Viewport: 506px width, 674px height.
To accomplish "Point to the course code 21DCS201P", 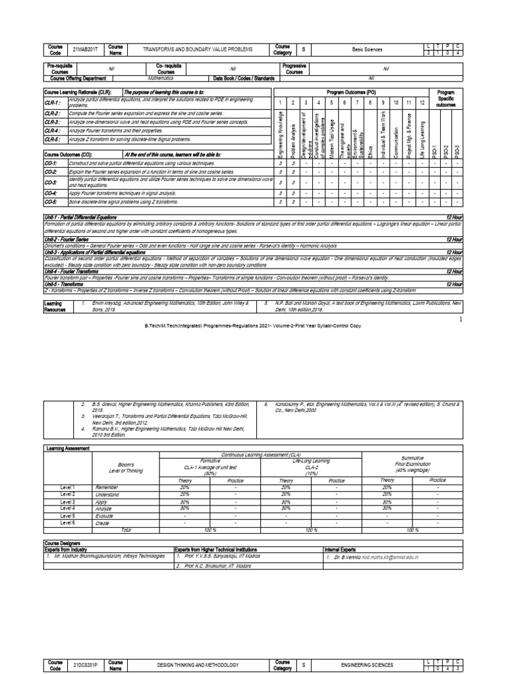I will (84, 666).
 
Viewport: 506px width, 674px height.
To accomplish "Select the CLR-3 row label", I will (53, 122).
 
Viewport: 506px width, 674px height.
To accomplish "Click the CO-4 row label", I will (51, 194).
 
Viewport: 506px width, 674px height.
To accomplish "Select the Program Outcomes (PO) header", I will (351, 93).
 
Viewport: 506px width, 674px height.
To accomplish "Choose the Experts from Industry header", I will (73, 548).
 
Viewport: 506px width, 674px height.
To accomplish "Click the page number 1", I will (461, 319).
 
